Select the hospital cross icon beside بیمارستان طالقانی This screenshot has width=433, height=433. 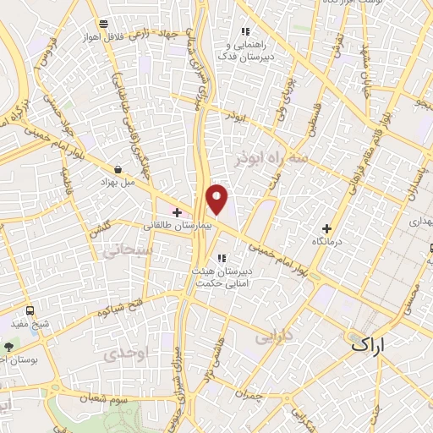[x=176, y=211]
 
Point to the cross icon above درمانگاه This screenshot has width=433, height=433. [x=327, y=227]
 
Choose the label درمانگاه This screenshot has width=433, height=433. [x=327, y=243]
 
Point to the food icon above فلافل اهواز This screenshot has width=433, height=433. [x=102, y=23]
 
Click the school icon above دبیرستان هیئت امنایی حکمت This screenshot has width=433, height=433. [x=222, y=257]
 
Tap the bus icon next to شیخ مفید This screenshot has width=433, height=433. [x=30, y=310]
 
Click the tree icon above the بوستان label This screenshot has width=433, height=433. [x=9, y=347]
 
